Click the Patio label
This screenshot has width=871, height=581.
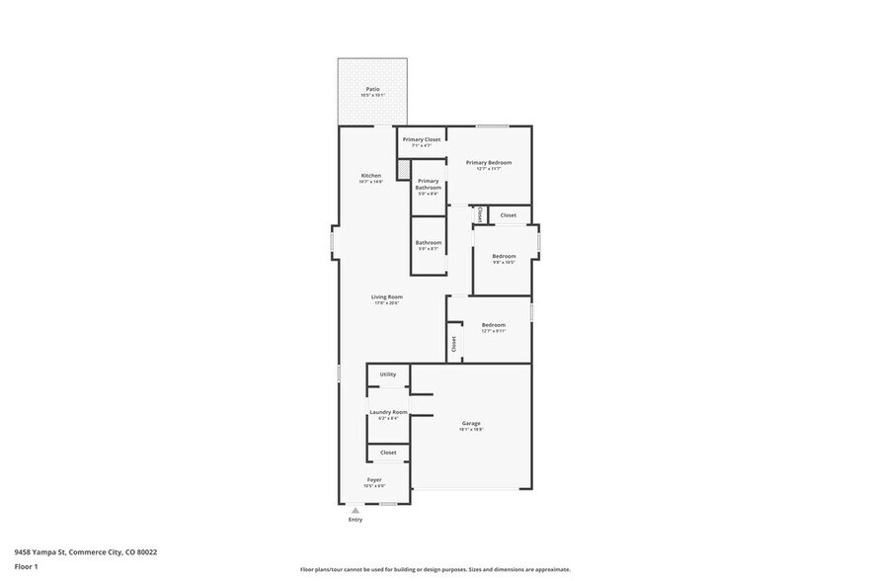pos(372,89)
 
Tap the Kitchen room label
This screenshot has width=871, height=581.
pos(370,176)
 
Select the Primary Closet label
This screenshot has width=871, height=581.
pos(422,139)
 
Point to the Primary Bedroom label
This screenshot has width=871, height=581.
pos(489,163)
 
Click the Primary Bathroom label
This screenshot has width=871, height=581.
pos(429,184)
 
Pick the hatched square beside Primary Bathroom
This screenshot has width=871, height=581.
pos(403,170)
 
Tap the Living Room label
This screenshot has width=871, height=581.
pos(386,296)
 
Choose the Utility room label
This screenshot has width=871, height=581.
pos(388,374)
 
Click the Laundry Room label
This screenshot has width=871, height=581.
pos(388,412)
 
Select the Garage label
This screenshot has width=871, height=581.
pos(471,424)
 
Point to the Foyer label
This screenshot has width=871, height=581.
pos(374,480)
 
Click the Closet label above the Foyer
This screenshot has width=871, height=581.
pos(388,453)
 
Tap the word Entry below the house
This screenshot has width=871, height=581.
pos(356,519)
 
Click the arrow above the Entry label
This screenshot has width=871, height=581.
pos(356,509)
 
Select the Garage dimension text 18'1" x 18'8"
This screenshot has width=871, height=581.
pos(471,431)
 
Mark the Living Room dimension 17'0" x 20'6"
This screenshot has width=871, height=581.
pos(386,303)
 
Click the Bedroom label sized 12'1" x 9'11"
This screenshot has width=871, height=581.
pos(494,325)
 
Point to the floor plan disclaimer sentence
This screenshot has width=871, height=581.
pos(435,569)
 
